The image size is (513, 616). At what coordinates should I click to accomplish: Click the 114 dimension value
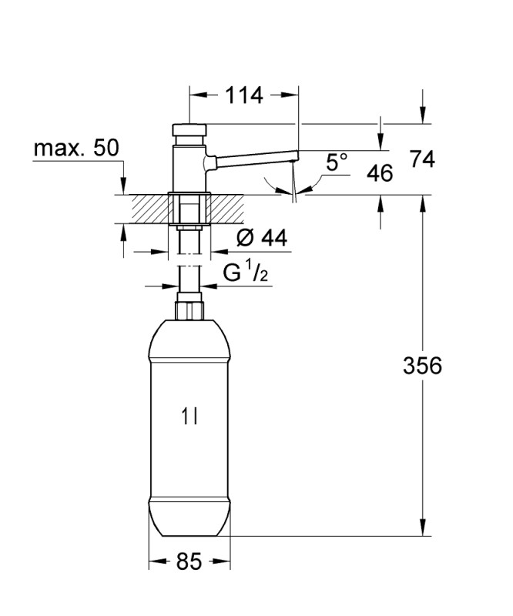click(x=243, y=95)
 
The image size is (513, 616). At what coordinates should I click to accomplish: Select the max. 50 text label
click(x=75, y=148)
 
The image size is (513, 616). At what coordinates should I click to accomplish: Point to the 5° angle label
click(x=337, y=162)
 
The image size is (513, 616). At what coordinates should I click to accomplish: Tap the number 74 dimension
click(x=422, y=159)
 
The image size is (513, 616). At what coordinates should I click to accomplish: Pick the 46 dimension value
click(x=380, y=173)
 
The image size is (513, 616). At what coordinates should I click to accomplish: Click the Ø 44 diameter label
click(x=262, y=237)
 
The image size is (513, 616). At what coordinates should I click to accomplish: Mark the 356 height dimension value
click(x=422, y=365)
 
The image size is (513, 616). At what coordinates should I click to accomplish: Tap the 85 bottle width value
click(x=189, y=561)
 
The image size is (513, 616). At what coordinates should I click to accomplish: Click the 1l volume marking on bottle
click(x=189, y=417)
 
